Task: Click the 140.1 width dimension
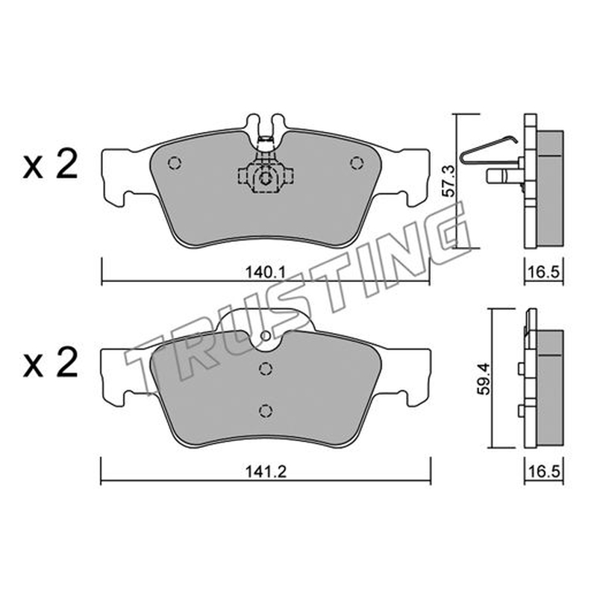coord(266,272)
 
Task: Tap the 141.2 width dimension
coord(266,472)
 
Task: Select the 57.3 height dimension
coord(450,181)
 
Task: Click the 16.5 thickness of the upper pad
coord(543,272)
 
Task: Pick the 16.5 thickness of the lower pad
coord(543,472)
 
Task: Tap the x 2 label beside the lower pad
coord(51,363)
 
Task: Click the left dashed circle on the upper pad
coord(175,163)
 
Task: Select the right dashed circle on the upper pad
coord(357,163)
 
